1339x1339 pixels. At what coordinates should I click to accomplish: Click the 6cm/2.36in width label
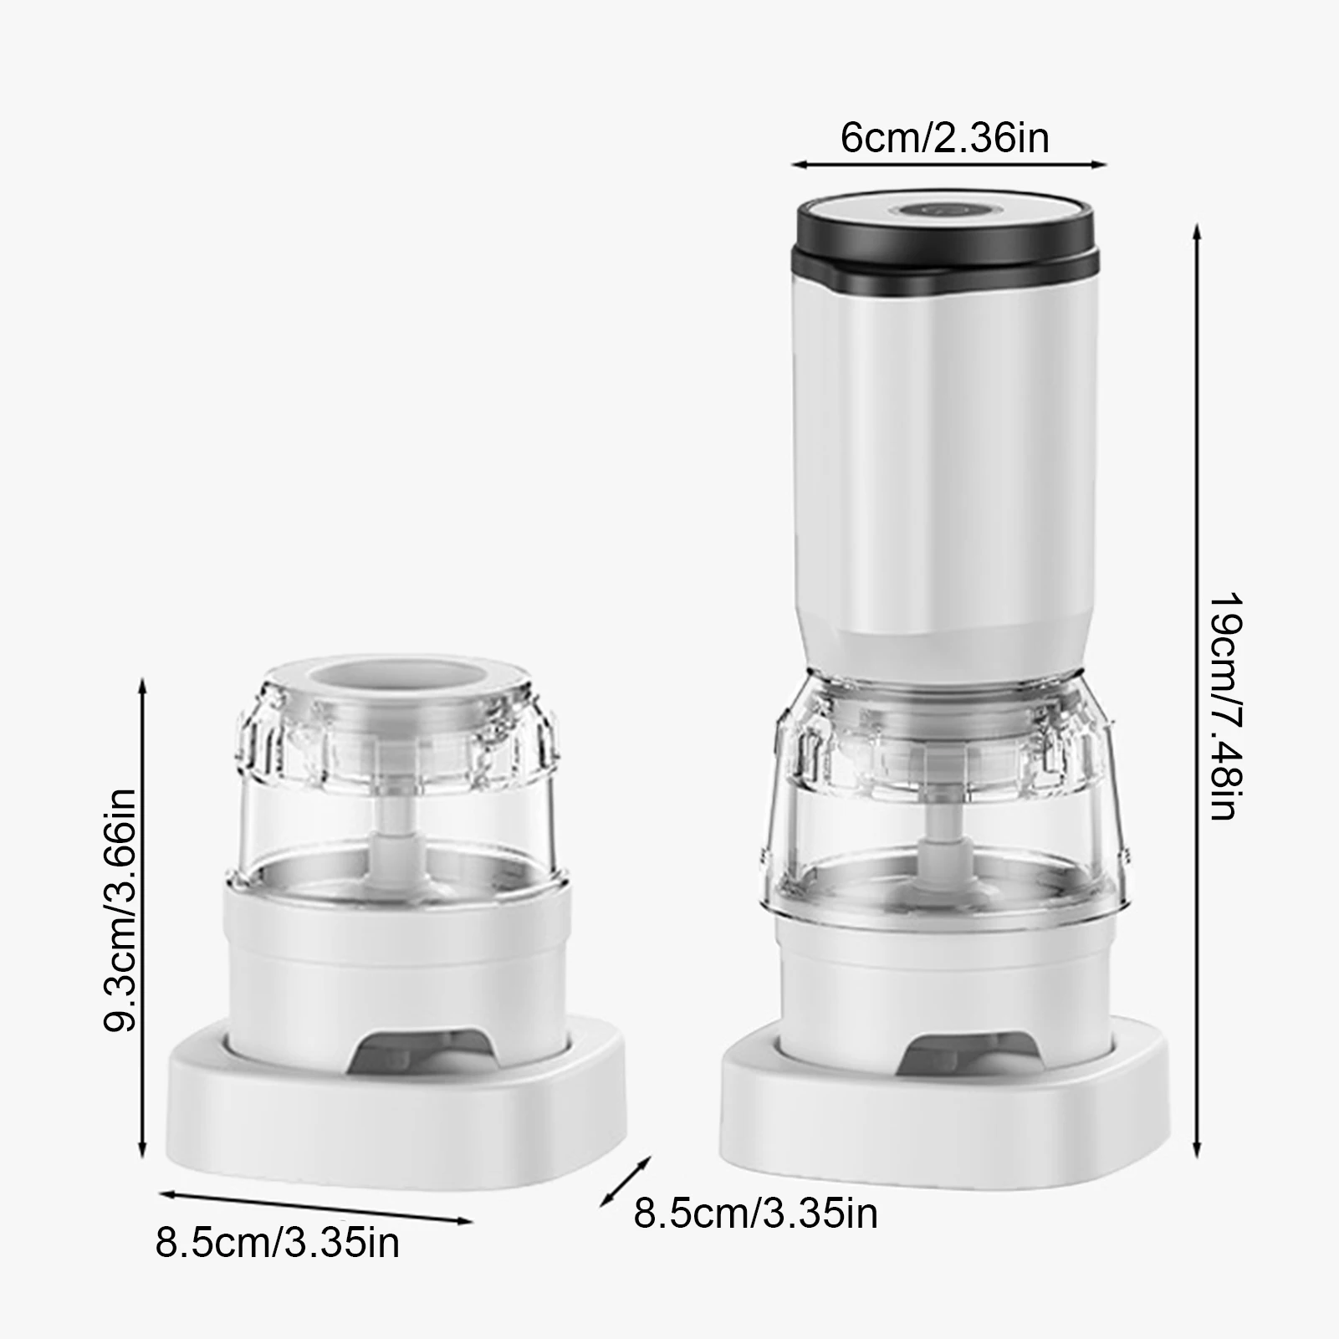[x=944, y=138]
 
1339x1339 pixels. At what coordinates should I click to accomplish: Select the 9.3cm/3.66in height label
[x=120, y=911]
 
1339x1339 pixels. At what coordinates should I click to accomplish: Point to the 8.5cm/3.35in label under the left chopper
[x=277, y=1242]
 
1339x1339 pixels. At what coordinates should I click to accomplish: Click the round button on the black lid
[x=942, y=212]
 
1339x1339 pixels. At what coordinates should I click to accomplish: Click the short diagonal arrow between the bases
[x=626, y=1180]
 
